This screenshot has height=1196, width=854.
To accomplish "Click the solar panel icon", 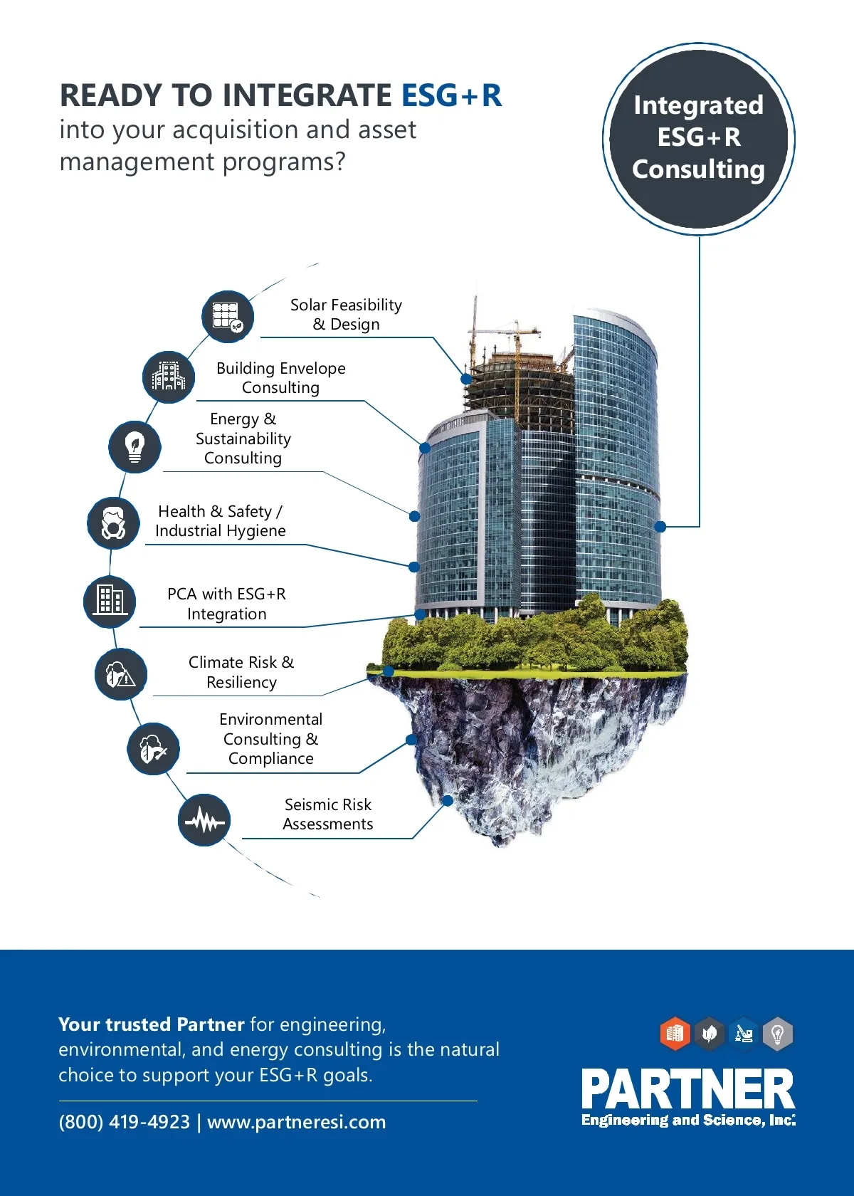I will coord(228,316).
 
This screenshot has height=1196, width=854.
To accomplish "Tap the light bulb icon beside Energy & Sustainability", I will coord(135,447).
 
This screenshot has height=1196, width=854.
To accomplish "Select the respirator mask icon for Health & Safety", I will coord(113,523).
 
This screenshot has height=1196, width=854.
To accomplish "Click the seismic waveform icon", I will coord(204,820).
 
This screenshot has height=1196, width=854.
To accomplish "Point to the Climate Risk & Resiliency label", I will coord(241,672).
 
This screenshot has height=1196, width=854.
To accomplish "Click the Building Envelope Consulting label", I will coord(281,378).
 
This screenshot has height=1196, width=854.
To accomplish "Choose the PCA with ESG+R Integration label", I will coord(227,604).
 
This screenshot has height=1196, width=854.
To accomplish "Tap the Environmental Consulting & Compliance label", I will coord(271,739).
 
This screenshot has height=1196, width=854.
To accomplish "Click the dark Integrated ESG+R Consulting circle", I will coord(698,138).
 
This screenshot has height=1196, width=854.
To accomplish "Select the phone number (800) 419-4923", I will coord(124,1122).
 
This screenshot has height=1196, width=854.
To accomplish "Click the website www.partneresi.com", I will coord(296,1122).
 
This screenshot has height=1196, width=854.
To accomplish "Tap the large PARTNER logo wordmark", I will coord(687,1089).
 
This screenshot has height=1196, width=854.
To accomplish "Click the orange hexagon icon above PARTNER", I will coord(675,1033).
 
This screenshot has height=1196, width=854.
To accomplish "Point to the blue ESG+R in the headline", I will coord(452,95).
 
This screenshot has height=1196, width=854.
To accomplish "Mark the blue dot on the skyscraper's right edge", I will coord(660,527).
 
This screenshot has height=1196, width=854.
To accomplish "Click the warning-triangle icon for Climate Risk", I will coord(120,673).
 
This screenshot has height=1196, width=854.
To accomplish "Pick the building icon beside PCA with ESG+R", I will coord(110,600).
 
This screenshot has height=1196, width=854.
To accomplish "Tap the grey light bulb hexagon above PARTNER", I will coord(778,1033).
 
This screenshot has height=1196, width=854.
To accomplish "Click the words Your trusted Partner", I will coord(152,1024).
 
